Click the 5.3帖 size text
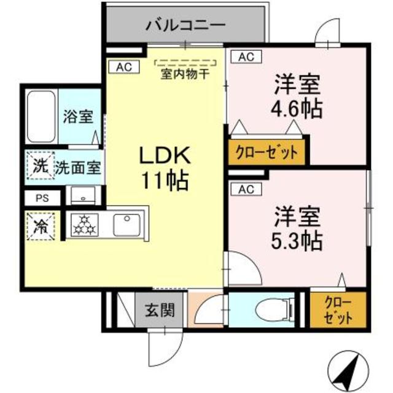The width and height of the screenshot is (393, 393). [297, 239]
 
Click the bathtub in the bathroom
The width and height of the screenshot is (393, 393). [42, 116]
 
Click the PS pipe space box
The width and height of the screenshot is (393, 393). [41, 198]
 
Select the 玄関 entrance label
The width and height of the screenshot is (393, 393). [160, 310]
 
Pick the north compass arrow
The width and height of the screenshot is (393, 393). [353, 368]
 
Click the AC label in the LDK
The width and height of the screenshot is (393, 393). [123, 67]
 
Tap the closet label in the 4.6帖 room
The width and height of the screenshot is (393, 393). [267, 152]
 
